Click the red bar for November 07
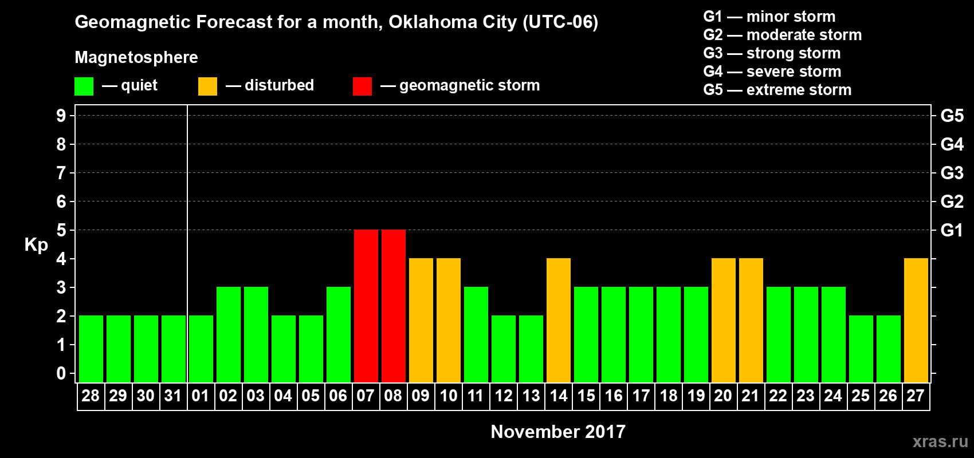366,306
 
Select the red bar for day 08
393,306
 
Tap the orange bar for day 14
558,320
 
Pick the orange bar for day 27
916,320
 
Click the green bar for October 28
91,349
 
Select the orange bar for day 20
723,320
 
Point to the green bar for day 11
476,334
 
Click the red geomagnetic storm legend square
362,86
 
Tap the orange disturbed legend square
207,86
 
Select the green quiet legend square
84,86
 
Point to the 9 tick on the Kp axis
61,116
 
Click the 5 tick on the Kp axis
61,230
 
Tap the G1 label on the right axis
952,230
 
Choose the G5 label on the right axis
952,116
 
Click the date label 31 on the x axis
173,396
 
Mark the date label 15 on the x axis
586,396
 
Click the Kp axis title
36,244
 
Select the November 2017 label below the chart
558,432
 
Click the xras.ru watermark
940,441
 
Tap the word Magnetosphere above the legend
136,57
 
